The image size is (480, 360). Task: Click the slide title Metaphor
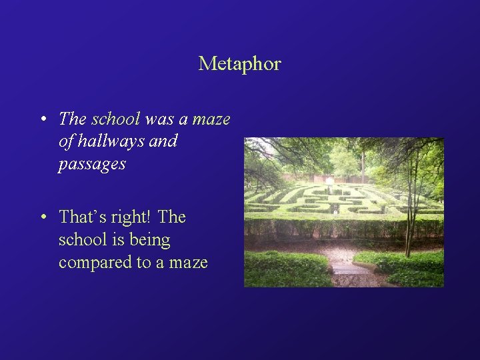[239, 64]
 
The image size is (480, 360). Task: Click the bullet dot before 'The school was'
[42, 120]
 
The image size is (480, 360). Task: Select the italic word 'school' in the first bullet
[115, 119]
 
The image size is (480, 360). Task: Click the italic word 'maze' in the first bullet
[211, 119]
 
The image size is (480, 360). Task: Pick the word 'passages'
[92, 164]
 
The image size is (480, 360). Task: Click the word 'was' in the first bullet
[159, 119]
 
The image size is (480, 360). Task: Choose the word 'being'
[151, 240]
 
